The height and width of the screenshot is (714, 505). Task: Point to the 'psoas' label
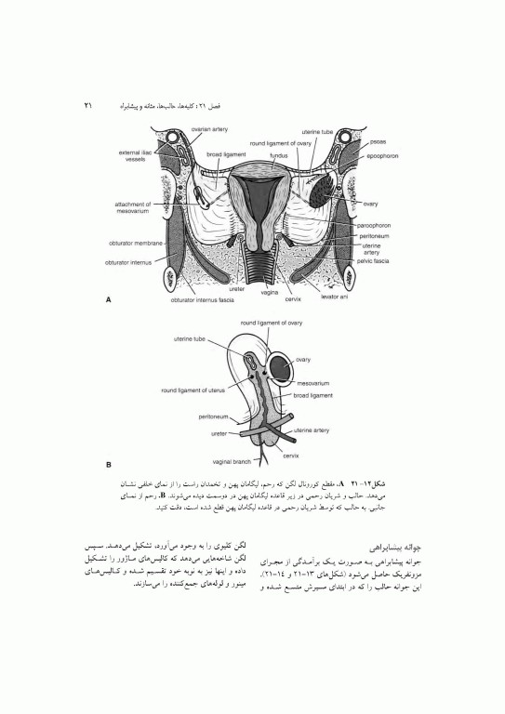pos(377,143)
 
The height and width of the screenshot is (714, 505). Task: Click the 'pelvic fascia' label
pos(379,261)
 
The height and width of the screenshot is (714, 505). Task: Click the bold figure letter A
pos(110,300)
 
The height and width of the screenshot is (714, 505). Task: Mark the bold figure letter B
pos(110,464)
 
